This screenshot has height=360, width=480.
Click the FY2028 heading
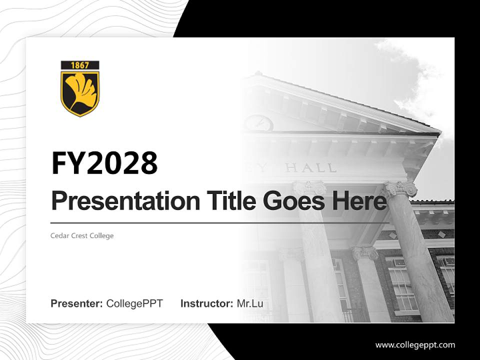pyautogui.click(x=104, y=163)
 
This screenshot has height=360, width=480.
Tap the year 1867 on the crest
pyautogui.click(x=80, y=65)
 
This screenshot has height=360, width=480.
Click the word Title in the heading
pyautogui.click(x=221, y=201)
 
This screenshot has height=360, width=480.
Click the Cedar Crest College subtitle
pyautogui.click(x=82, y=235)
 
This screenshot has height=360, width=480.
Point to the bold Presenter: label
pyautogui.click(x=77, y=303)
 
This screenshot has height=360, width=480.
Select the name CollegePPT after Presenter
pyautogui.click(x=134, y=303)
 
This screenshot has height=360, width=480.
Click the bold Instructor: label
pyautogui.click(x=206, y=303)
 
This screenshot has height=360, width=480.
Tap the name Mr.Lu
pyautogui.click(x=250, y=303)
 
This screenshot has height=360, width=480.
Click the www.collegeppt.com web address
pyautogui.click(x=415, y=344)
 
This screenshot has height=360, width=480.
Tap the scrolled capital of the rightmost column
pyautogui.click(x=400, y=188)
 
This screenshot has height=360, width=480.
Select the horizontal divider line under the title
pyautogui.click(x=220, y=223)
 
